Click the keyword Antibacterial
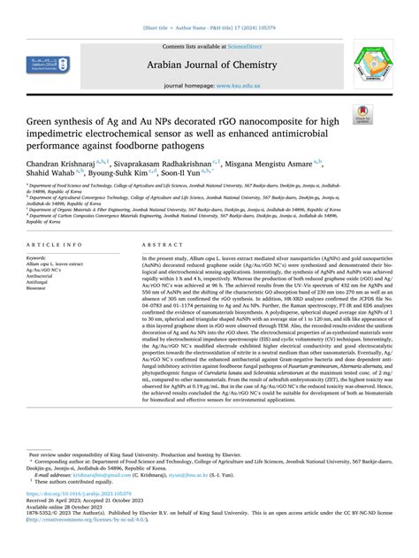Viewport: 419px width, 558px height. (42, 276)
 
